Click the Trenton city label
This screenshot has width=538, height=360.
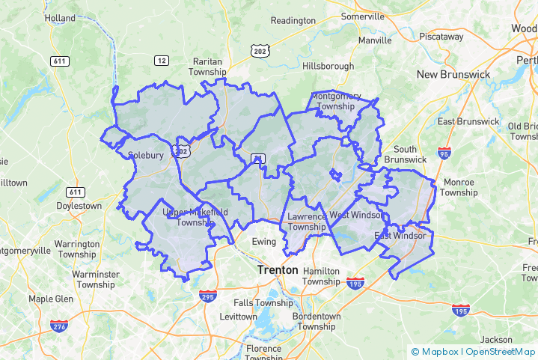[x=277, y=269]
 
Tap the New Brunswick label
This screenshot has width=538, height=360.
[x=453, y=74]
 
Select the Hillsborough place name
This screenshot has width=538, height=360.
[x=328, y=66]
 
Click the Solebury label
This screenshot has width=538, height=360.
[x=145, y=156]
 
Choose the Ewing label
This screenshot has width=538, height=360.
[x=263, y=242]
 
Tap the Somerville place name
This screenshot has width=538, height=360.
[x=362, y=16]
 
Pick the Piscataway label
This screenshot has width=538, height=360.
[x=441, y=36]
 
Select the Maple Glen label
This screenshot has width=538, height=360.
[x=51, y=299]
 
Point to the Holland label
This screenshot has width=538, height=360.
[x=60, y=18]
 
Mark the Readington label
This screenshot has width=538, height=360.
[x=293, y=20]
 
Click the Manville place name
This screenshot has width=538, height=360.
[x=375, y=40]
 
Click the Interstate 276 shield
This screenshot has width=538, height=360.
[x=60, y=326]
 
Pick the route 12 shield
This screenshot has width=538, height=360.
[x=162, y=60]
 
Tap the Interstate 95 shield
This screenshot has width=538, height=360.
[x=444, y=154]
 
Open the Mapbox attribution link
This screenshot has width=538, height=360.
[x=435, y=351]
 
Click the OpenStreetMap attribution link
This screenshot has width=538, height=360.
[x=500, y=351]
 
